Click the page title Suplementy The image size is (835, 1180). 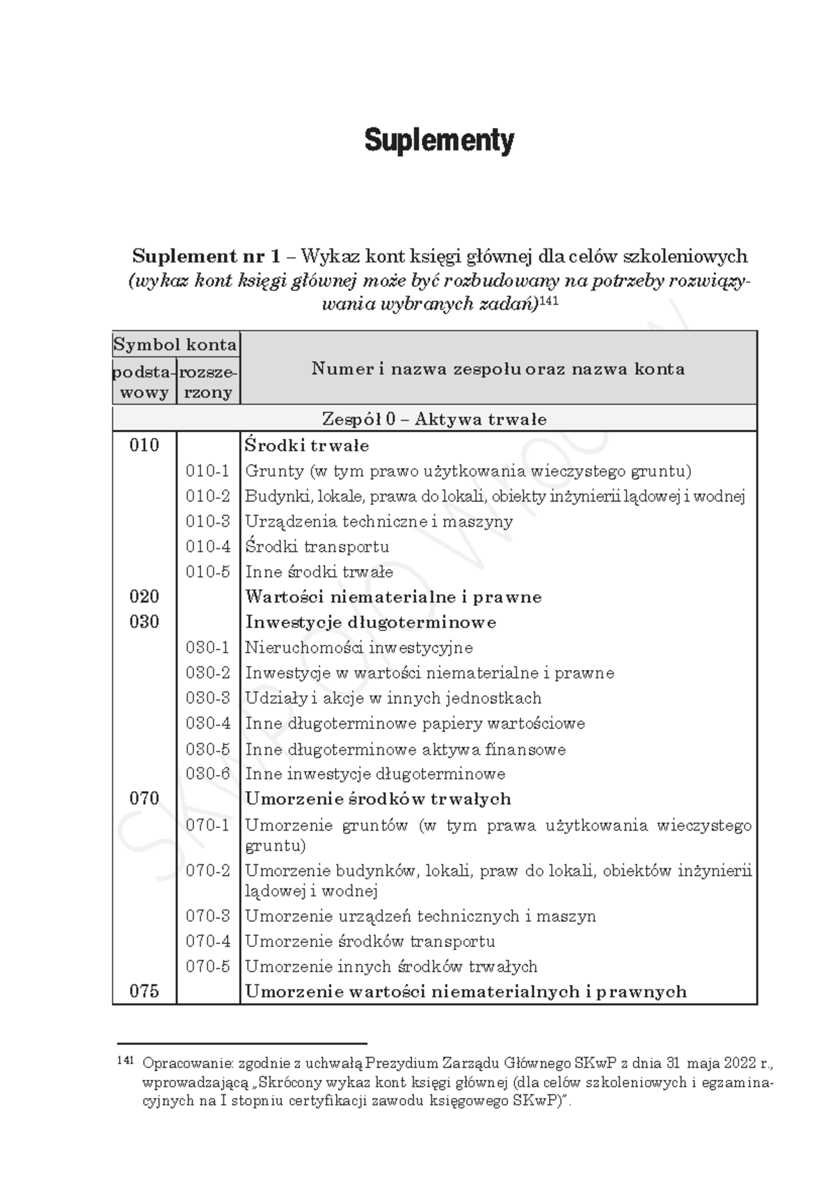pyautogui.click(x=439, y=141)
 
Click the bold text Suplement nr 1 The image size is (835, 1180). pyautogui.click(x=206, y=256)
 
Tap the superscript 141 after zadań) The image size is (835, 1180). pyautogui.click(x=549, y=301)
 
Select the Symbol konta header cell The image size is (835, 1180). pyautogui.click(x=175, y=344)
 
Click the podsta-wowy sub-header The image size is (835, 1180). pyautogui.click(x=144, y=382)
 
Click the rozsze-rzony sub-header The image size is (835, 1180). pyautogui.click(x=208, y=382)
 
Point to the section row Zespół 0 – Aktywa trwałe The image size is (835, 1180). pyautogui.click(x=434, y=420)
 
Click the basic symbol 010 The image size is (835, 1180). pyautogui.click(x=144, y=445)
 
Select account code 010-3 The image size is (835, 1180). pyautogui.click(x=207, y=521)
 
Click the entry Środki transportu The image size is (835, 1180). pyautogui.click(x=317, y=547)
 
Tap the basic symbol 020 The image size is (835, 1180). pyautogui.click(x=144, y=596)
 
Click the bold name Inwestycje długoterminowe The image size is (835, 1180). pyautogui.click(x=370, y=622)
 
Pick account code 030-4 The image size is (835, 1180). pyautogui.click(x=207, y=724)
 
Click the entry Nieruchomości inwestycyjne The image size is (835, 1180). pyautogui.click(x=358, y=648)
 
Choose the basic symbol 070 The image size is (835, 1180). pyautogui.click(x=144, y=799)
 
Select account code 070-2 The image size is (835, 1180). pyautogui.click(x=207, y=871)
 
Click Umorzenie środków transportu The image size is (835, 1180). pyautogui.click(x=369, y=941)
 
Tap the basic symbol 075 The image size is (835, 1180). pyautogui.click(x=144, y=991)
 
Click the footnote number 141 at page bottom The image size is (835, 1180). pyautogui.click(x=125, y=1061)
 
